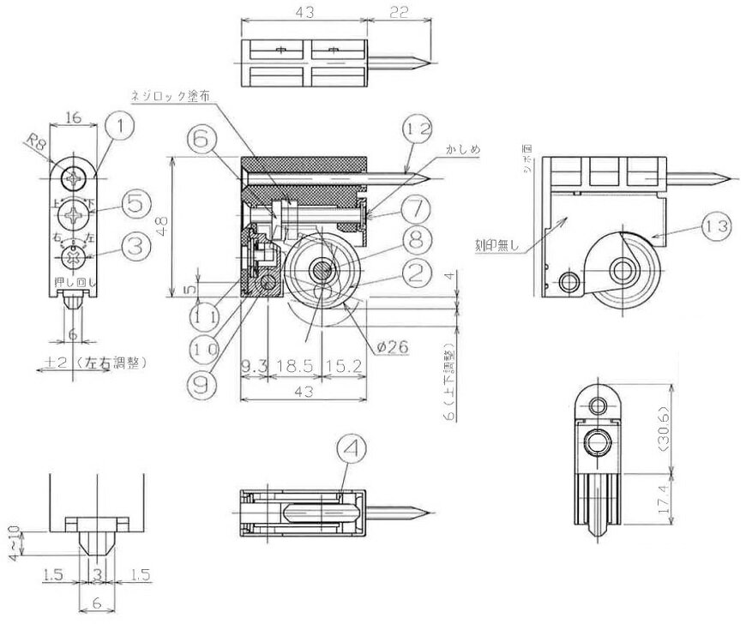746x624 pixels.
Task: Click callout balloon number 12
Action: click(415, 131)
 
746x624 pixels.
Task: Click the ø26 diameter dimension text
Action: click(391, 345)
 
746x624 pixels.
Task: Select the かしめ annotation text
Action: click(462, 148)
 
